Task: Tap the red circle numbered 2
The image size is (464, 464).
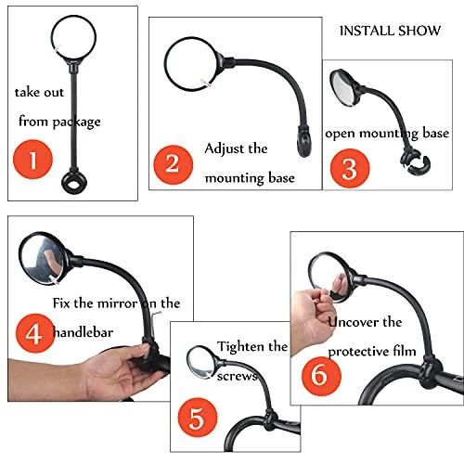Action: tap(172, 164)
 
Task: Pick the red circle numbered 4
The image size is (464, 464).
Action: tap(32, 332)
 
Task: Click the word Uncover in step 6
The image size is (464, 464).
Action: tap(350, 322)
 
